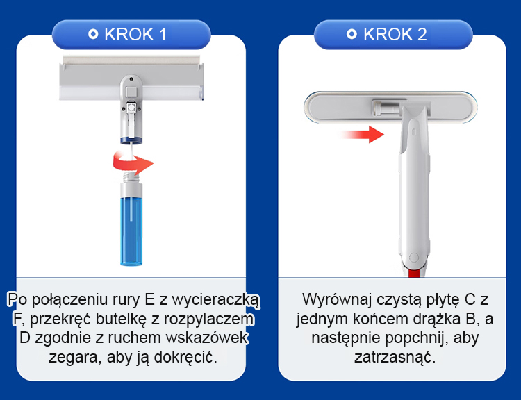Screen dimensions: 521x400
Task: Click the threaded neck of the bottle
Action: (x=131, y=177)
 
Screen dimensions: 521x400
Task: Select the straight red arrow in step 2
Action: (x=362, y=135)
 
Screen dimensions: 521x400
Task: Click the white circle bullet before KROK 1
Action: (x=93, y=34)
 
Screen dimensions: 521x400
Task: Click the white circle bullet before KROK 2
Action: (x=352, y=34)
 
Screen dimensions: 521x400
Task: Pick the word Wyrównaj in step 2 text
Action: (x=337, y=300)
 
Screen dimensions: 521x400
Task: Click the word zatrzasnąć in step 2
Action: (x=395, y=358)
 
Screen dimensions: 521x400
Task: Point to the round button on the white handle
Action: (x=414, y=258)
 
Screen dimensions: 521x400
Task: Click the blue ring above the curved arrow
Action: (x=131, y=140)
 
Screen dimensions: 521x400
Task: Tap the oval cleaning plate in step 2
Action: (x=390, y=108)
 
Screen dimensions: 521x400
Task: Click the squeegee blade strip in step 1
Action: (x=131, y=60)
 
